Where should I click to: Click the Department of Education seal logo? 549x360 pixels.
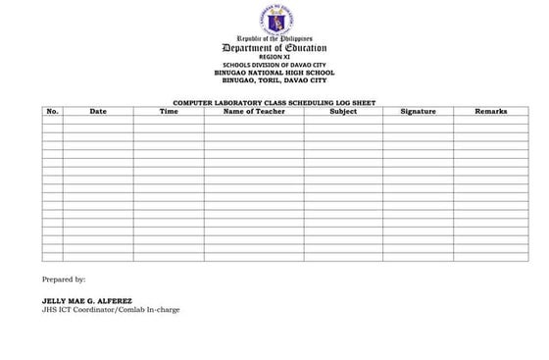274,19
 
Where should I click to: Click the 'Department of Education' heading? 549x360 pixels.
274,48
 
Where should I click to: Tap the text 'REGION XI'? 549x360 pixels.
274,57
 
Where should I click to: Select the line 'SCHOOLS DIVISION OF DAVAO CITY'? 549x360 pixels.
274,65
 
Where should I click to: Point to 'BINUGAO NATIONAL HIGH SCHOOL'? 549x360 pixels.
274,73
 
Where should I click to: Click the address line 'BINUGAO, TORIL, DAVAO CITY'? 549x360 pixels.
274,80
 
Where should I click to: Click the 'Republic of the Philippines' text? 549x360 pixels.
274,39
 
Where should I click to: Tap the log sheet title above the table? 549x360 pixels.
274,103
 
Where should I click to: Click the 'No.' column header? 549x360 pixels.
52,112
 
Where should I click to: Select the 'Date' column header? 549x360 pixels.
98,112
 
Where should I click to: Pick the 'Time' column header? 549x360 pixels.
169,112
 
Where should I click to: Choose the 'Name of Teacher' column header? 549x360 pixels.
253,112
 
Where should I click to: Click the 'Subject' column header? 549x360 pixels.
343,112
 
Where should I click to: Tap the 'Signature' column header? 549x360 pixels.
419,112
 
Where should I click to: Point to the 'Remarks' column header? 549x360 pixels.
491,112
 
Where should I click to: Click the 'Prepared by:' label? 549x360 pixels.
64,281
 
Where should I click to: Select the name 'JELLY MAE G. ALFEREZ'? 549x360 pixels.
86,301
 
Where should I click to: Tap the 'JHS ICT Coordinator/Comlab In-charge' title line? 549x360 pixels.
111,310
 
